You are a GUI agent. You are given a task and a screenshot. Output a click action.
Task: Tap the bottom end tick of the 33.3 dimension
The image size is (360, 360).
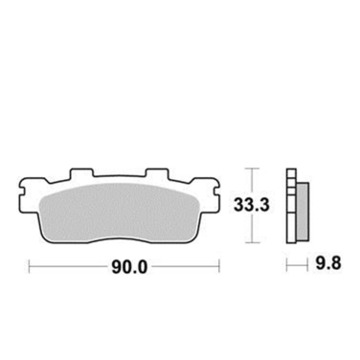point(251,240)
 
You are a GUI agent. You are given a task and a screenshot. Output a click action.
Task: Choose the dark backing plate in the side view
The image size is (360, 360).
point(290,205)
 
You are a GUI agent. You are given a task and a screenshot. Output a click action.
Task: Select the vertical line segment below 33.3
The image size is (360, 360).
point(251,228)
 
